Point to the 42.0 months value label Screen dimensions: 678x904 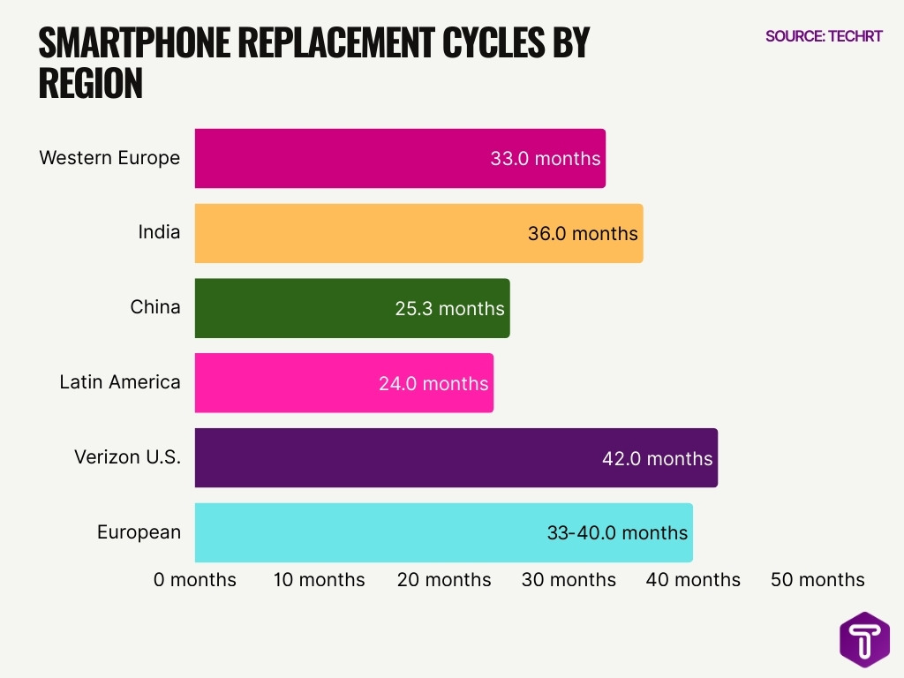pos(657,458)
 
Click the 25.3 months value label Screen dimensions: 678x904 pos(449,308)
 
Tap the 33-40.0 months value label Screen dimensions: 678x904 pos(617,532)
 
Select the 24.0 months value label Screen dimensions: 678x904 pos(433,383)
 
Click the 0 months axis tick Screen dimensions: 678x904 pos(195,580)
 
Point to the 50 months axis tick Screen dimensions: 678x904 pos(817,580)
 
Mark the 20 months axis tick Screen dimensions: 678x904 pos(444,580)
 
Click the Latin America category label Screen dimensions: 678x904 pos(120,382)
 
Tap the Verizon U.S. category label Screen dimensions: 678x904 pos(127,457)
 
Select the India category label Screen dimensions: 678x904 pos(159,232)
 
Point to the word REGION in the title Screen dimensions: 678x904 pos(91,83)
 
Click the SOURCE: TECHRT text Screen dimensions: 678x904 pos(824,36)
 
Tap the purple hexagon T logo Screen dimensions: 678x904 pos(864,638)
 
